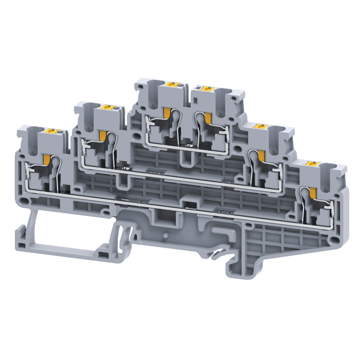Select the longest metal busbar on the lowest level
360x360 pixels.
[x=180, y=205]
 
